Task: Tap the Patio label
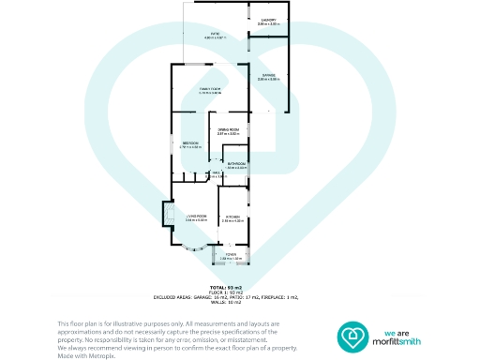coord(215,34)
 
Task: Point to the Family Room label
coord(209,88)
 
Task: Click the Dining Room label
coord(229,129)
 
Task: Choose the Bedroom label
coord(189,142)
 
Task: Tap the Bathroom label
coord(235,163)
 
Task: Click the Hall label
coord(215,172)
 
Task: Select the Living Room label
coord(195,215)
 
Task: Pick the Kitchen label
coord(232,217)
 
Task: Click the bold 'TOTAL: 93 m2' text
coord(228,286)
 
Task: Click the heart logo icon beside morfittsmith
coord(355,336)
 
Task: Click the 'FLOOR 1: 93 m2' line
coord(228,292)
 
